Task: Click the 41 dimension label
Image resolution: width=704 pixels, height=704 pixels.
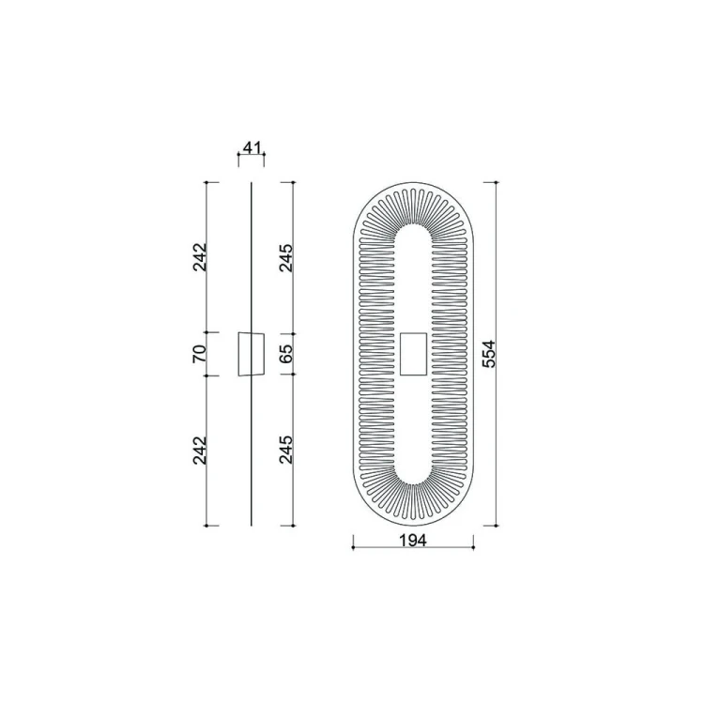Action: (x=252, y=146)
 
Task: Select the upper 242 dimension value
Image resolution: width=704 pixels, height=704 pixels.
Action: (x=199, y=257)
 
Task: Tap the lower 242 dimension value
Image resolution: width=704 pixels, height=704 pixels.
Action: (x=199, y=451)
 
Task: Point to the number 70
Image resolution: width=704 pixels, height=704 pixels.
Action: (x=199, y=354)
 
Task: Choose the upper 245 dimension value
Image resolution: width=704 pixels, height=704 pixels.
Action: (x=286, y=258)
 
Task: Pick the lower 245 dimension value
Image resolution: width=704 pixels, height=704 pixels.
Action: (x=286, y=450)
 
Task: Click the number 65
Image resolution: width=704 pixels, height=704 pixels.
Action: (x=286, y=354)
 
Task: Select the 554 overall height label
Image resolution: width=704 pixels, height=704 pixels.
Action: (x=489, y=354)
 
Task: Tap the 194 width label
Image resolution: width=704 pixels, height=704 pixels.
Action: (x=413, y=541)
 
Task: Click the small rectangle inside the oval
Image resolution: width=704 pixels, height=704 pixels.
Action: (x=413, y=354)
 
